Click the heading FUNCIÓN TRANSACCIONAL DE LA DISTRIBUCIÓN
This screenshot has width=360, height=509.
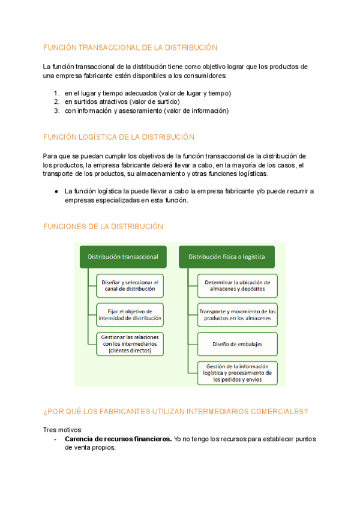point(130,47)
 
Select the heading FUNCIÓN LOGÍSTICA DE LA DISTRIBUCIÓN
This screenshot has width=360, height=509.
point(119,137)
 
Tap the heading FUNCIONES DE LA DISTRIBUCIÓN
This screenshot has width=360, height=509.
point(103,226)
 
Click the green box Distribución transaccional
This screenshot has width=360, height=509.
point(123,256)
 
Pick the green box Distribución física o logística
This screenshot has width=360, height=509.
point(227,256)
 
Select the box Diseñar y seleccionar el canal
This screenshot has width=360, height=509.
point(130,285)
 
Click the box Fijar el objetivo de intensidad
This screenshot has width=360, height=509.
point(130,315)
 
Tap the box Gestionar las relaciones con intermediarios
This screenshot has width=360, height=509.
point(130,344)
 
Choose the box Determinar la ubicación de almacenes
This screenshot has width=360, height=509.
point(238,285)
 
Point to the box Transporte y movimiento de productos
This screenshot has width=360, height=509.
point(238,315)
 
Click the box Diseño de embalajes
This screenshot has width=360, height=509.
point(238,344)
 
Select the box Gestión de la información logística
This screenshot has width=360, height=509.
point(238,373)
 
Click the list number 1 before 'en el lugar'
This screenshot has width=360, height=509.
point(56,93)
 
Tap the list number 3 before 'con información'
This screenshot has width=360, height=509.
point(56,110)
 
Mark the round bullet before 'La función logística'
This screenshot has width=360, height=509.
point(56,191)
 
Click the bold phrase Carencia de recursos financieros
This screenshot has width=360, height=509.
point(118,439)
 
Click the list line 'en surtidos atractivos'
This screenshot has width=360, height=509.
point(122,102)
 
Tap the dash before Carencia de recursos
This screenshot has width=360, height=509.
point(55,439)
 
